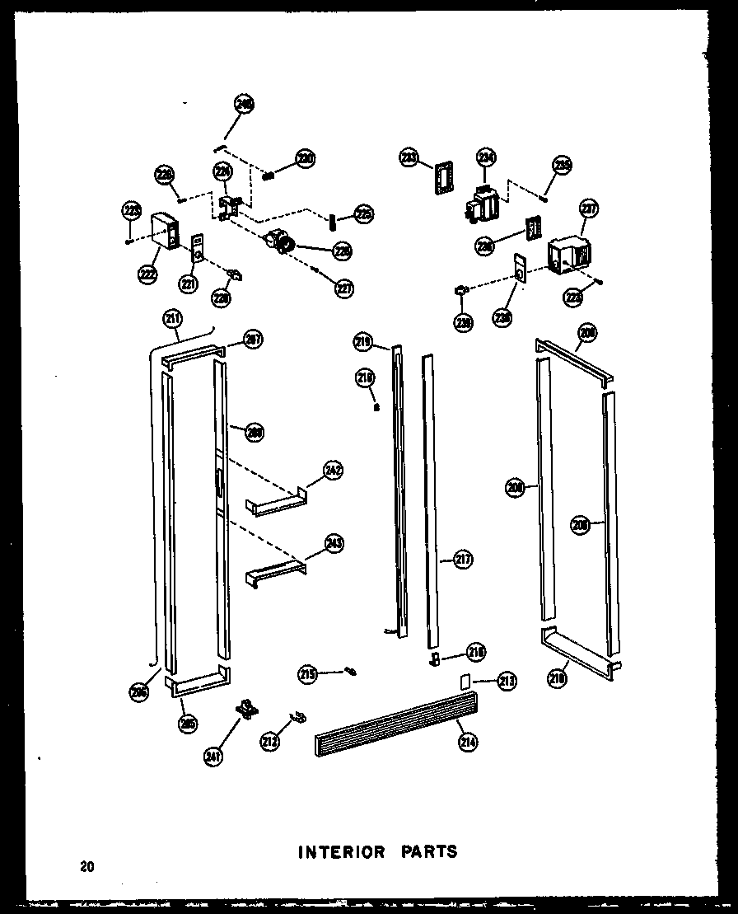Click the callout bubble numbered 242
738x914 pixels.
click(x=333, y=471)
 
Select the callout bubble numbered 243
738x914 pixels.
click(x=334, y=544)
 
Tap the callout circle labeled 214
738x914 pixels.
click(x=469, y=742)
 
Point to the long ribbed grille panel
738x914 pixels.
click(x=395, y=723)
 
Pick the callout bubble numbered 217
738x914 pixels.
click(x=463, y=560)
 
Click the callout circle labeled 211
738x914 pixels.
click(x=173, y=318)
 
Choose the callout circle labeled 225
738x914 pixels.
click(x=362, y=214)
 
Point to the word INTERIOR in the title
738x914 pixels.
click(x=341, y=852)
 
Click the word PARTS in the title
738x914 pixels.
click(x=426, y=852)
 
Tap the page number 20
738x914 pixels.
click(x=87, y=866)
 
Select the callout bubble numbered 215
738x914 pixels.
click(x=308, y=675)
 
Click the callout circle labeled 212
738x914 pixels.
click(x=270, y=742)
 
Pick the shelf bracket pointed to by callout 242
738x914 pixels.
click(x=275, y=504)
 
